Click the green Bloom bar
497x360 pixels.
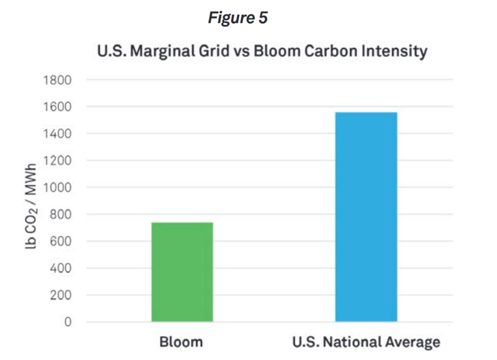[182, 272]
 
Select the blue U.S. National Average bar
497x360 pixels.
[366, 217]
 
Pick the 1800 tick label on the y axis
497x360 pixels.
[57, 80]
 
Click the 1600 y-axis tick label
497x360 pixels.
[57, 106]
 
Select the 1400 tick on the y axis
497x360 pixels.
[57, 134]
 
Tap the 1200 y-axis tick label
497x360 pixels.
[57, 160]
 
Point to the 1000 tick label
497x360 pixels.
[57, 187]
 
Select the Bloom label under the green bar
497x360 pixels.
[182, 342]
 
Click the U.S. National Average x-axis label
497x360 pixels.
[366, 342]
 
